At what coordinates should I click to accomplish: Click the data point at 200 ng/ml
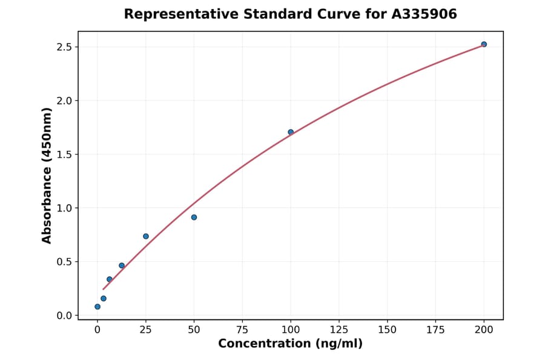pos(484,44)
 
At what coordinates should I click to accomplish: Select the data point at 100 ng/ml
pos(291,132)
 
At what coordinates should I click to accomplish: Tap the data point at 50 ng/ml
pos(194,217)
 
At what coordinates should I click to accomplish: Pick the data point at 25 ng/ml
pos(146,236)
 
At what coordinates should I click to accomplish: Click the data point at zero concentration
pos(97,307)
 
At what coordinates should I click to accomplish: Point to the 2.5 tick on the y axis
pos(65,47)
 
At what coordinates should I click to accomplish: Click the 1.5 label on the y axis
pos(65,155)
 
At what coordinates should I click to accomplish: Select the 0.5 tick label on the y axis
pos(65,262)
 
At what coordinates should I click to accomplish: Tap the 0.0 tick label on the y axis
pos(65,316)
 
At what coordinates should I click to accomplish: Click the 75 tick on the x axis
pos(242,330)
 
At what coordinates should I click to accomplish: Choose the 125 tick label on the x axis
pos(339,330)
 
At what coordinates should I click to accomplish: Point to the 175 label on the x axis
pos(435,330)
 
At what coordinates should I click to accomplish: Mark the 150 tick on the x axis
pos(387,330)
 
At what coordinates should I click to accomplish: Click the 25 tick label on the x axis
pos(146,330)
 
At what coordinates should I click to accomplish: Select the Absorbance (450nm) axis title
pos(47,176)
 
